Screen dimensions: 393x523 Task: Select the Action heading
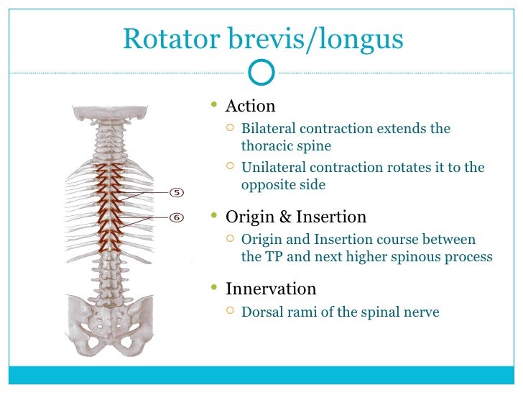point(250,107)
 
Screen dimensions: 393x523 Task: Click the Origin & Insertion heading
point(295,217)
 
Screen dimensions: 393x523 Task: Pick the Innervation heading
point(270,289)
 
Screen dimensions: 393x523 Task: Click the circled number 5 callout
point(176,192)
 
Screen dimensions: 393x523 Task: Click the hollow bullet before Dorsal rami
point(229,312)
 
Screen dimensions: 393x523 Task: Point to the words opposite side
point(283,185)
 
